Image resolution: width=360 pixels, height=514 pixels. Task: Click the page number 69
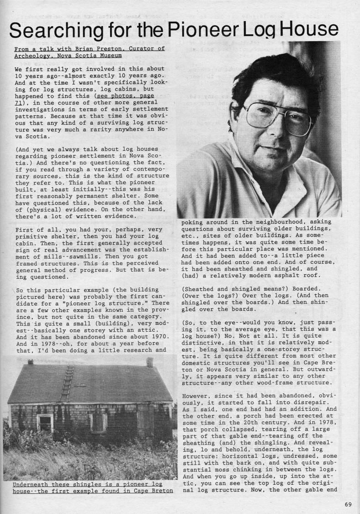point(349,504)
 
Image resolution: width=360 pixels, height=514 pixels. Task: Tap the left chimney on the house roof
point(30,362)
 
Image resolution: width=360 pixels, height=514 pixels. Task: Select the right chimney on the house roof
point(150,362)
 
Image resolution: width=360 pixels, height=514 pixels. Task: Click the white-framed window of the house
point(45,423)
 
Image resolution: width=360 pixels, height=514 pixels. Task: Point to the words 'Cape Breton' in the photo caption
point(154,491)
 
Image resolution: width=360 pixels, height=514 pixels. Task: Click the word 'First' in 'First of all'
point(25,229)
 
